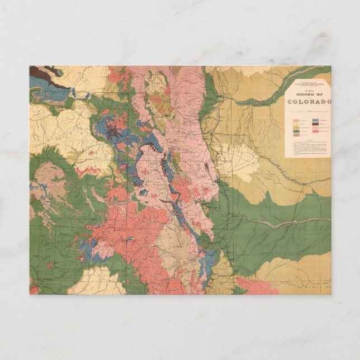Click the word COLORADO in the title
pyautogui.click(x=309, y=102)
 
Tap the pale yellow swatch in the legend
pyautogui.click(x=295, y=125)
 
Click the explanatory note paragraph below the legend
pyautogui.click(x=307, y=148)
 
